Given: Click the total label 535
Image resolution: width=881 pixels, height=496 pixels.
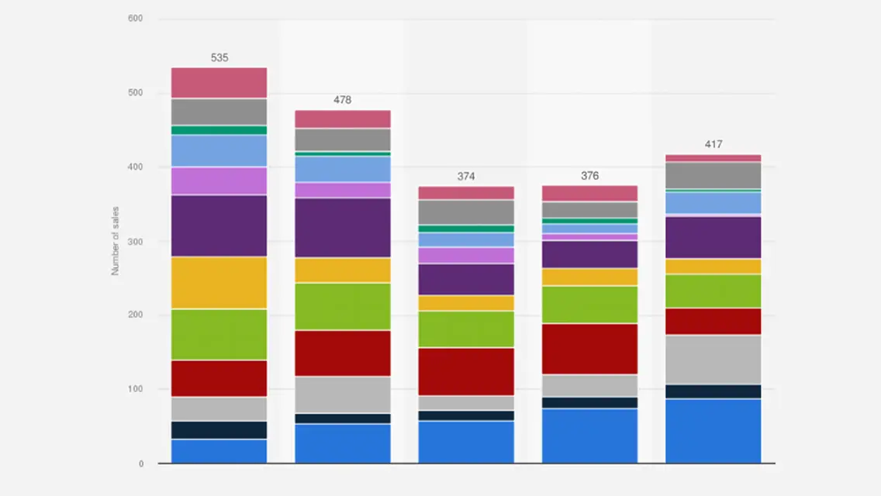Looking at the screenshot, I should [x=219, y=58].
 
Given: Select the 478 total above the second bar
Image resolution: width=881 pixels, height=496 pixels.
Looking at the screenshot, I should [x=342, y=100].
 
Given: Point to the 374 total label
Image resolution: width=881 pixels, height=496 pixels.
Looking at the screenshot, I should [x=466, y=177].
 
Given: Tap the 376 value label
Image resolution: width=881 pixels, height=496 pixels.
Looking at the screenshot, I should [x=589, y=176].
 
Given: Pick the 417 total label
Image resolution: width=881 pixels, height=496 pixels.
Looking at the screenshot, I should [x=713, y=144].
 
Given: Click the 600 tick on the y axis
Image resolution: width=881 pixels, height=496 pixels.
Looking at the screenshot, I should [x=135, y=19].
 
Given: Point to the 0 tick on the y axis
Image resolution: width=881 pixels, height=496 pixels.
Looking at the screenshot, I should [x=140, y=464].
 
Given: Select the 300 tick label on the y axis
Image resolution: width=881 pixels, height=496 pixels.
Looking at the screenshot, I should [x=135, y=242].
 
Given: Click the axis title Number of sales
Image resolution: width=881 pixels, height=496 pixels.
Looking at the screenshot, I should [x=115, y=241].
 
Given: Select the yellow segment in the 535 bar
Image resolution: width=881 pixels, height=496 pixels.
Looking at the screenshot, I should [x=219, y=283].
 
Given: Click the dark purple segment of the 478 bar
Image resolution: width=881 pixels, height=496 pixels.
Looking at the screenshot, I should [x=342, y=228].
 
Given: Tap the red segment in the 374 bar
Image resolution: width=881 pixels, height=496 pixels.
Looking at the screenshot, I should [x=466, y=371].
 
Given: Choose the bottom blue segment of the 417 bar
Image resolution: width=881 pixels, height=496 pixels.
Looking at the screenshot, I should [x=713, y=431].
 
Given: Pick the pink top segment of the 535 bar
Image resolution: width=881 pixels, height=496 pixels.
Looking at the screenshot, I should [x=219, y=83].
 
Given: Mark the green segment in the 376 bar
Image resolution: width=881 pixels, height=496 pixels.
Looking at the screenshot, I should [x=589, y=305].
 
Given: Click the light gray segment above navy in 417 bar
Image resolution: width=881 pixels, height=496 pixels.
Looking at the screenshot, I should [x=713, y=360].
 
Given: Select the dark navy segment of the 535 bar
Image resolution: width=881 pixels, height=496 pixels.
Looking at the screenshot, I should [x=219, y=430].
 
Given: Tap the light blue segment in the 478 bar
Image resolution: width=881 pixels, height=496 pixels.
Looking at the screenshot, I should [x=342, y=169].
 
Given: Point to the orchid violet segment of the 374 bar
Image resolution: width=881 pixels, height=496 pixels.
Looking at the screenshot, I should [x=466, y=256].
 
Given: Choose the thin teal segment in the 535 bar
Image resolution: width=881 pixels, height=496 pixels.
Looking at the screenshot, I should [x=219, y=130].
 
